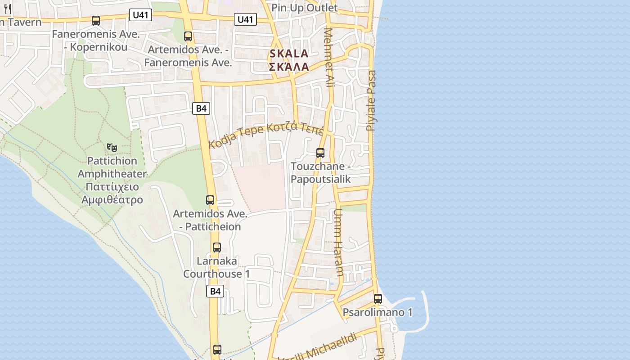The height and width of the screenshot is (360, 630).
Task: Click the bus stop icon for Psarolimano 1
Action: point(378,298)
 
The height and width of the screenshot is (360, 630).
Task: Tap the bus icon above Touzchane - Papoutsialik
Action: point(320,153)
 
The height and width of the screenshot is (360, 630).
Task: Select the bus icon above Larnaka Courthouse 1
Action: point(217,247)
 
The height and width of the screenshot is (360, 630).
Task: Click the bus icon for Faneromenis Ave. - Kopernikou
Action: point(96,20)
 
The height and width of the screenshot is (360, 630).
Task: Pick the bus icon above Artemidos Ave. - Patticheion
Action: point(210,200)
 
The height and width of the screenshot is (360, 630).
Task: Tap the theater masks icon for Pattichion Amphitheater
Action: point(112,147)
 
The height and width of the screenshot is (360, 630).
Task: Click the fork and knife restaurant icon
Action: point(7,9)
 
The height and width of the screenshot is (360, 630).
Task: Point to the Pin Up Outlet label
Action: point(305,8)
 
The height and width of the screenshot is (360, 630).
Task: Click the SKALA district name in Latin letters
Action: point(289,54)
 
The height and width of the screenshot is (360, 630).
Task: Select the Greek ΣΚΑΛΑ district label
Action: point(289,67)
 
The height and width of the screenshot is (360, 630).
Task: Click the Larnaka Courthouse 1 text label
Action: point(216,267)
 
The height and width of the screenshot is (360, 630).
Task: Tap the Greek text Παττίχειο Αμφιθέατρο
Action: point(112,193)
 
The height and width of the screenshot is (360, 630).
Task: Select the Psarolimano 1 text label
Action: point(378,312)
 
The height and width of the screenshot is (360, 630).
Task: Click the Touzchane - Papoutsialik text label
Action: point(320,172)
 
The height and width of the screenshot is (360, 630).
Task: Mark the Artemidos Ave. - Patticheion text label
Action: point(210,220)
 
